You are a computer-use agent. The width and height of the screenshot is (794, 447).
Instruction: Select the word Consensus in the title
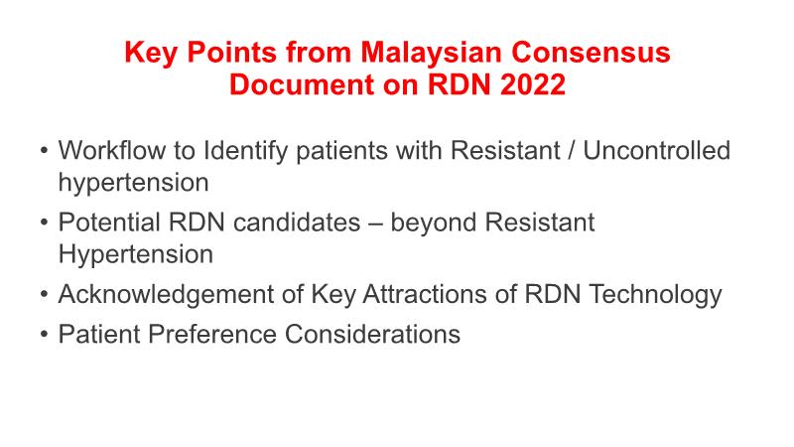tap(591, 52)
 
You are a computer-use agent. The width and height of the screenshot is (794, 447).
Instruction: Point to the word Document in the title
tap(301, 84)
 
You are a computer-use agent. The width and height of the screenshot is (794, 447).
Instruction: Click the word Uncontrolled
tap(657, 151)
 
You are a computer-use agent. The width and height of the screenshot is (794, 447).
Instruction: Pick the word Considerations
tap(372, 335)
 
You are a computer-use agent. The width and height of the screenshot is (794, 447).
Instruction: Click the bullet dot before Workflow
tap(44, 152)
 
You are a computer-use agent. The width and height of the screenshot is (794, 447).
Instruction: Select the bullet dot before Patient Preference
tap(44, 335)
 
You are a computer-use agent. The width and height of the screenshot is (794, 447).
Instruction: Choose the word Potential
tap(109, 223)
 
